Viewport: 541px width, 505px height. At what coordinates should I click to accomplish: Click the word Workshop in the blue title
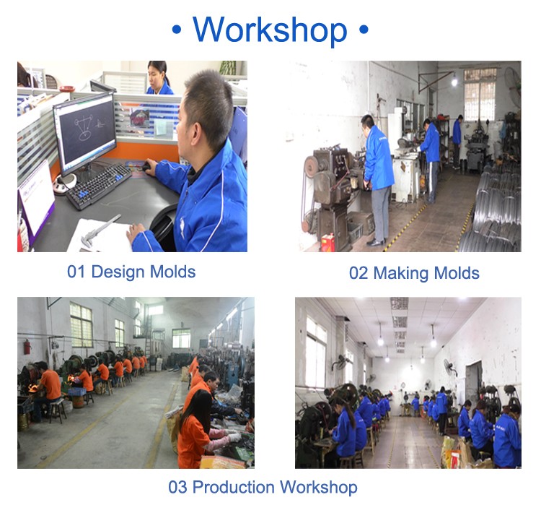click(x=270, y=30)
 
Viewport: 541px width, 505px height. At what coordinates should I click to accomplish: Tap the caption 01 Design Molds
click(x=131, y=272)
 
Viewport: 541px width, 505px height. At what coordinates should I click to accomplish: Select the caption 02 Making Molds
click(x=414, y=273)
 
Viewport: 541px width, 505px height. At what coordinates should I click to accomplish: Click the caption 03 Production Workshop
click(x=263, y=488)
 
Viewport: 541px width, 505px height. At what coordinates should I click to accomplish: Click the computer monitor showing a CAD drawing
click(x=85, y=132)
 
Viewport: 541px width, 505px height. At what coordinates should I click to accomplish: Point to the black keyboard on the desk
click(x=98, y=186)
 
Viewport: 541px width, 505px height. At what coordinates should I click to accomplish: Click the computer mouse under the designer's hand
click(x=146, y=168)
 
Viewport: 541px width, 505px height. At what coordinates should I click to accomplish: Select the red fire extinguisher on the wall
click(x=27, y=347)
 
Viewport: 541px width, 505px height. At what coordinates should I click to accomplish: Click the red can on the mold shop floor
click(x=327, y=242)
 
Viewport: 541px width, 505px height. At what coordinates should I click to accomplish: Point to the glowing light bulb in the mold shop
click(x=454, y=82)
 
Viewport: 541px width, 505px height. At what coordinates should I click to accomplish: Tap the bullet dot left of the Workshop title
click(x=176, y=30)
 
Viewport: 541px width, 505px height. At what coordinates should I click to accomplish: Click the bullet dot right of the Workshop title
click(x=364, y=30)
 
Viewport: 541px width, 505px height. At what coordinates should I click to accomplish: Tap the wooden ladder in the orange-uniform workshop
click(x=148, y=337)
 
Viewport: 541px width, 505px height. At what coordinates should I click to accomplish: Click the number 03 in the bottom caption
click(x=177, y=488)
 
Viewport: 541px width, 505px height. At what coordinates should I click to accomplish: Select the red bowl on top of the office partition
click(x=67, y=89)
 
